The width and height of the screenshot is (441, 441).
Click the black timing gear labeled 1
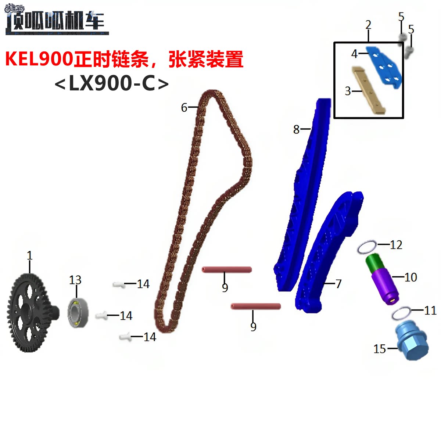click(x=31, y=312)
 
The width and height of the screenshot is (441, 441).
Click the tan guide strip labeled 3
click(x=369, y=90)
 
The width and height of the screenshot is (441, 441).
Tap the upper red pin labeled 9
click(x=226, y=270)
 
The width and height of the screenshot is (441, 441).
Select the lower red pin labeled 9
click(x=256, y=306)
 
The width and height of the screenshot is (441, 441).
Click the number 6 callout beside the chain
click(x=184, y=107)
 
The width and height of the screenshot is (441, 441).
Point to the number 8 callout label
click(x=296, y=129)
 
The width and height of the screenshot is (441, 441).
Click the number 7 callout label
click(x=338, y=284)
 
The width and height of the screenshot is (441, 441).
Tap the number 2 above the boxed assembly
click(x=368, y=25)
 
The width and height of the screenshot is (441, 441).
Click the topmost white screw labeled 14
click(x=118, y=284)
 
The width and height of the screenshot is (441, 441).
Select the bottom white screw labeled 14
click(x=125, y=336)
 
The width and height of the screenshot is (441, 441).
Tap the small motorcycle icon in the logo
click(x=15, y=8)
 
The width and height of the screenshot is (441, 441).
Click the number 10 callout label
click(x=410, y=277)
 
